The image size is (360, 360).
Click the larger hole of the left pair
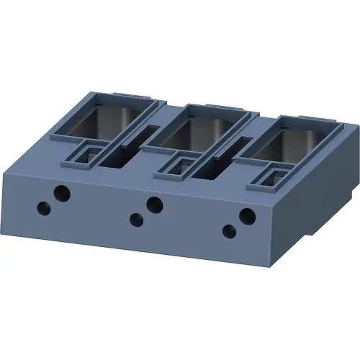[x=63, y=193]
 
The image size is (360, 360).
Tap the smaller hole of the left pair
[x=45, y=208]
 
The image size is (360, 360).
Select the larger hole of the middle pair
[x=153, y=204]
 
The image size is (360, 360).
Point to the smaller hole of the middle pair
[x=135, y=220]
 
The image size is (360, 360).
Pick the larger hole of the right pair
[x=247, y=215]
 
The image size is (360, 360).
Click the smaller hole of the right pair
[x=230, y=231]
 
